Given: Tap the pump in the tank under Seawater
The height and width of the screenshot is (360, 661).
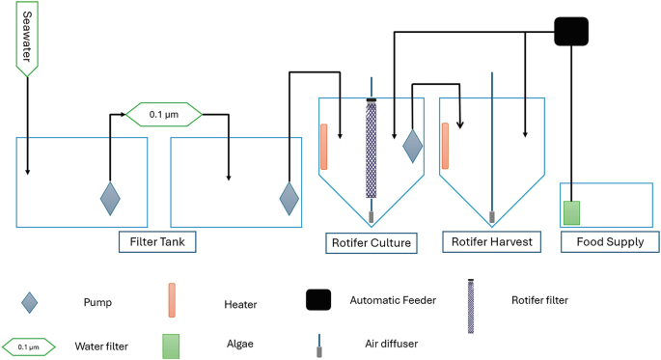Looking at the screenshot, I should pyautogui.click(x=111, y=198).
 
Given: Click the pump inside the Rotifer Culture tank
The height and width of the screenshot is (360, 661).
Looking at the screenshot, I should pyautogui.click(x=412, y=146).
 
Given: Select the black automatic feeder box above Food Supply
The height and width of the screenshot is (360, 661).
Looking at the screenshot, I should pyautogui.click(x=571, y=32).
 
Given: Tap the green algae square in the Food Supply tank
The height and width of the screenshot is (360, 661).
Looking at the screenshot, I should pyautogui.click(x=571, y=210).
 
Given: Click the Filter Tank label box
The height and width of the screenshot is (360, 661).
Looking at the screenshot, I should pyautogui.click(x=157, y=240).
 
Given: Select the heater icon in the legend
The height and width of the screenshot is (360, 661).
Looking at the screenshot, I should pyautogui.click(x=172, y=299).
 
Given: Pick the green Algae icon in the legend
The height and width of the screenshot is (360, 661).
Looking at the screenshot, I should pyautogui.click(x=172, y=343).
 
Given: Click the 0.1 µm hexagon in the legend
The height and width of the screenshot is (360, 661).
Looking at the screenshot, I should pyautogui.click(x=32, y=344).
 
